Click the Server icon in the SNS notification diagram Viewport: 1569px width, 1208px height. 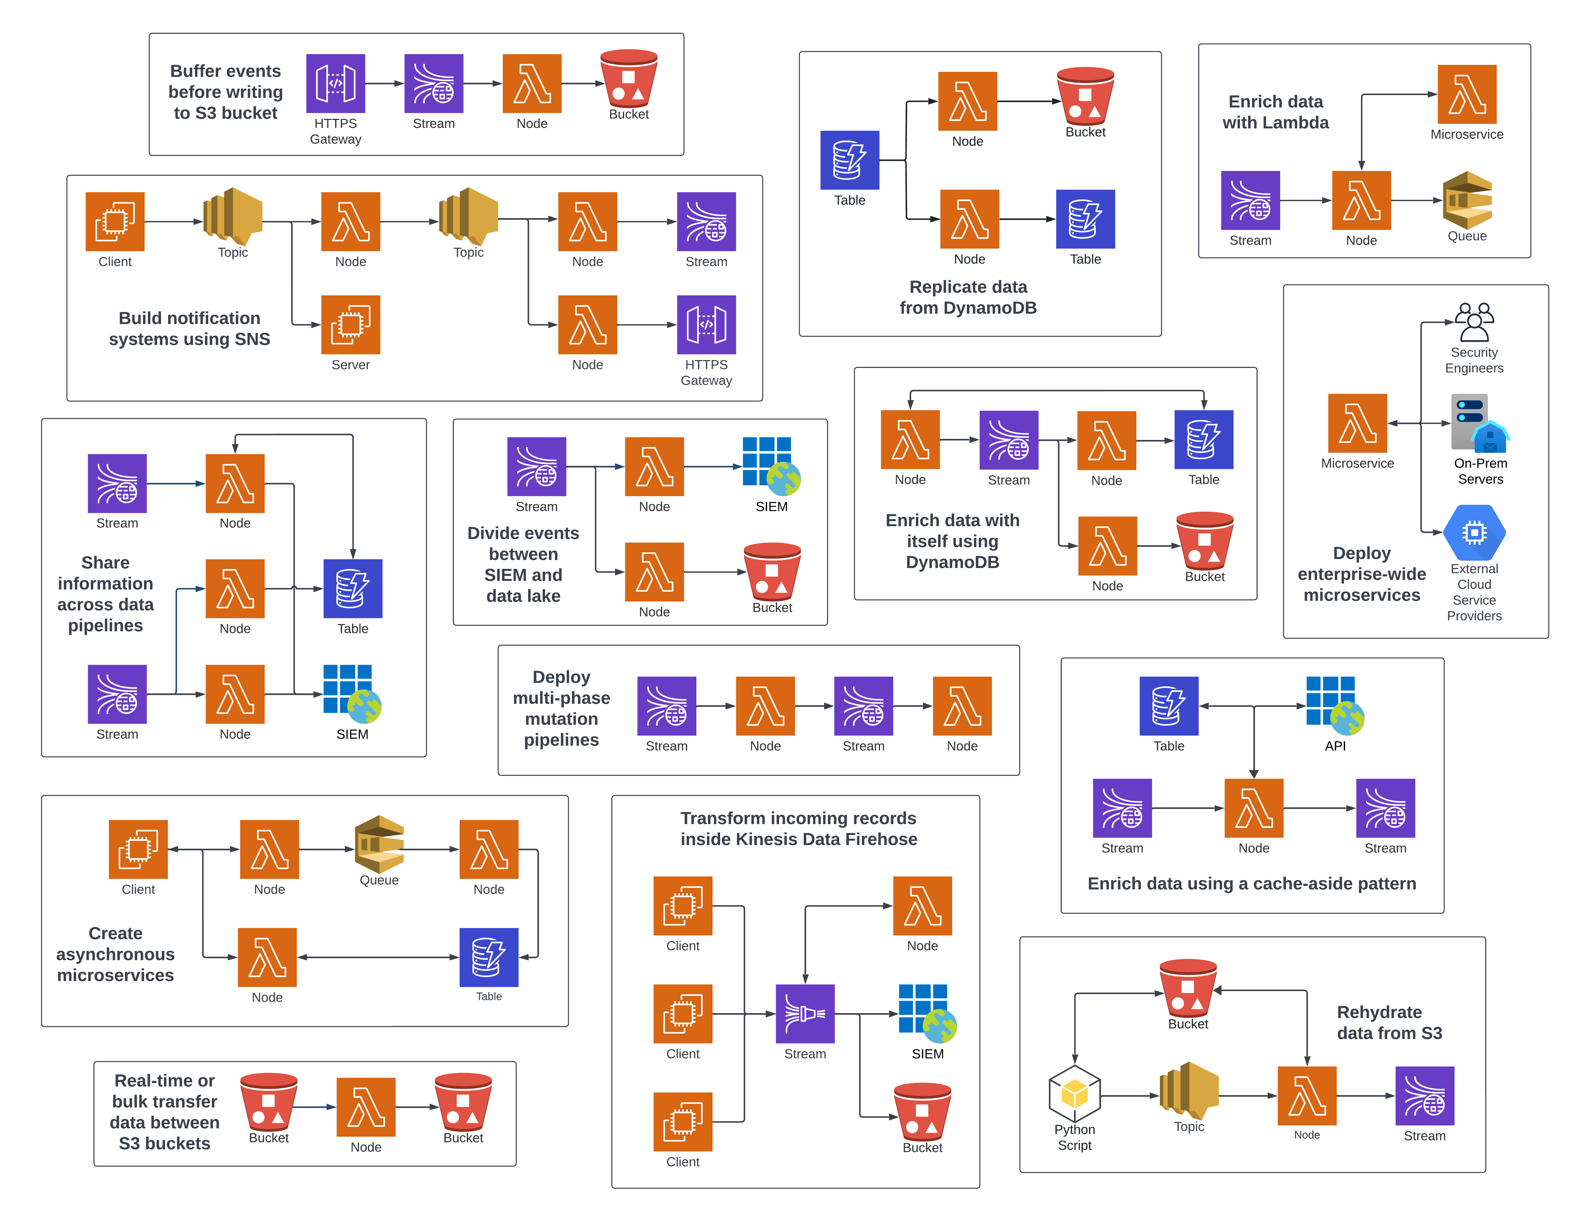pos(351,325)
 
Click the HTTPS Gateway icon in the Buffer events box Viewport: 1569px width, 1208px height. pos(335,83)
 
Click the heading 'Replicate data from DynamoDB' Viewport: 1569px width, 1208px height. pos(968,297)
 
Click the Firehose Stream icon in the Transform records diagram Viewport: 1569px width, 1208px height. pos(805,1013)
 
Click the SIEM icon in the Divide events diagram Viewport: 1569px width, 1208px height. pos(771,466)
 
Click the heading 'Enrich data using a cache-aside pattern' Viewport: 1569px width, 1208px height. pos(1252,883)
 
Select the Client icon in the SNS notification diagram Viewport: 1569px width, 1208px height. pos(115,221)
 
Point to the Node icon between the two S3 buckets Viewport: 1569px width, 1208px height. pos(366,1107)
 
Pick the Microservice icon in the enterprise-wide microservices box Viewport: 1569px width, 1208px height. pos(1357,423)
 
